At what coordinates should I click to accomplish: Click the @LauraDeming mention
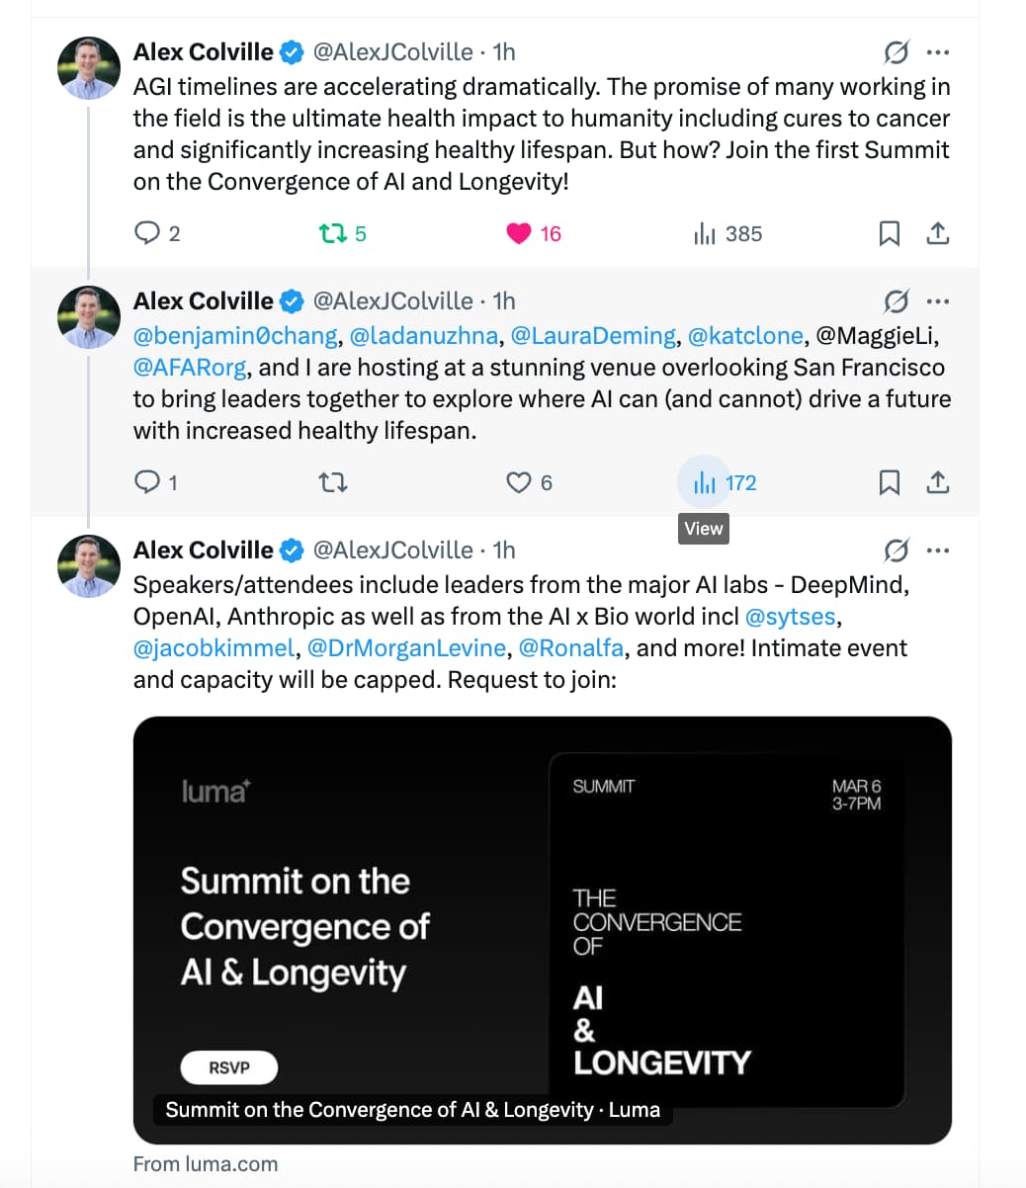coord(594,336)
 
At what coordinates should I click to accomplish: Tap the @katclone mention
coord(745,336)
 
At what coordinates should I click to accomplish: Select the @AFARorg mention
coord(190,368)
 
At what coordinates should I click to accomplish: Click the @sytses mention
coord(791,617)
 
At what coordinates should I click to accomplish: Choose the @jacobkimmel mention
coord(214,648)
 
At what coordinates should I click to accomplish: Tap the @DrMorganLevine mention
coord(406,648)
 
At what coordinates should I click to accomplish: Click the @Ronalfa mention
coord(570,648)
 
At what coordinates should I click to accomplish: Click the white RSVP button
coord(229,1067)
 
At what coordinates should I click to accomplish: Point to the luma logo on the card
coord(216,791)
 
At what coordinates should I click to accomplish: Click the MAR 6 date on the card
coord(856,786)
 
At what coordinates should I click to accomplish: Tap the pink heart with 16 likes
coord(519,233)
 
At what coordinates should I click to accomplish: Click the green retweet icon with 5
coord(332,233)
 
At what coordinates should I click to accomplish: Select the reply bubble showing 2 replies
coord(146,233)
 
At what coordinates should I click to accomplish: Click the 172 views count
coord(739,482)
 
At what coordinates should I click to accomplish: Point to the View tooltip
coord(703,529)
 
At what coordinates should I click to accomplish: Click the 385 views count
coord(742,233)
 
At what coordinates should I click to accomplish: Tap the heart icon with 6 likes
coord(519,482)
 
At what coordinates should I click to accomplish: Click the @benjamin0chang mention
coord(235,336)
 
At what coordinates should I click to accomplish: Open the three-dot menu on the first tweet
coord(937,52)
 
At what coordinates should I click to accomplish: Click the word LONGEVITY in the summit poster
coord(662,1062)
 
